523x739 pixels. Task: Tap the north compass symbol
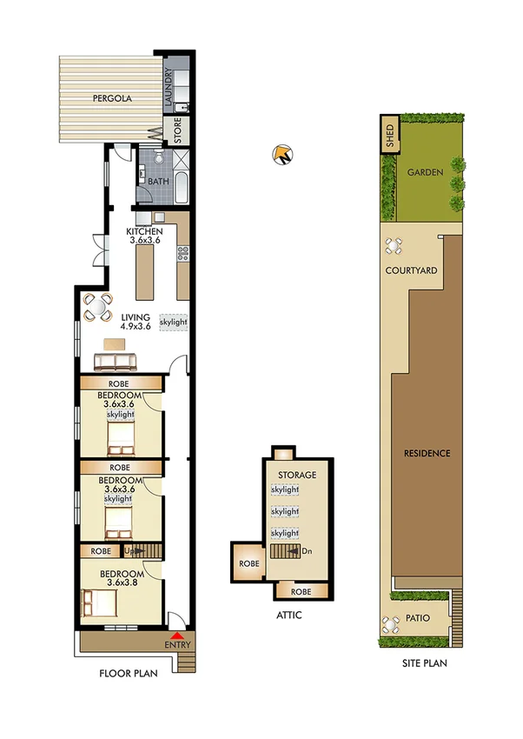coord(282,156)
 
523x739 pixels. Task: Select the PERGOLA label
coord(112,99)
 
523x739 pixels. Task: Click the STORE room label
coord(177,130)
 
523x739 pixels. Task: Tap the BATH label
coord(158,182)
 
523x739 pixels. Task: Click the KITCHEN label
coord(144,231)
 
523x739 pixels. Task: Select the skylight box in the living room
coord(174,322)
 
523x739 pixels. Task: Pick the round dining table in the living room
coord(97,305)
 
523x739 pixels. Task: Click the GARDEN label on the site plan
coord(425,172)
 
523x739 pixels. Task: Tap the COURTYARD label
coord(411,270)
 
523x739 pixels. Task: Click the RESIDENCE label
coord(427,454)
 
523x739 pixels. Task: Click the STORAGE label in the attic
coord(296,476)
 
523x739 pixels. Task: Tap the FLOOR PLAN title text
coord(129,673)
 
